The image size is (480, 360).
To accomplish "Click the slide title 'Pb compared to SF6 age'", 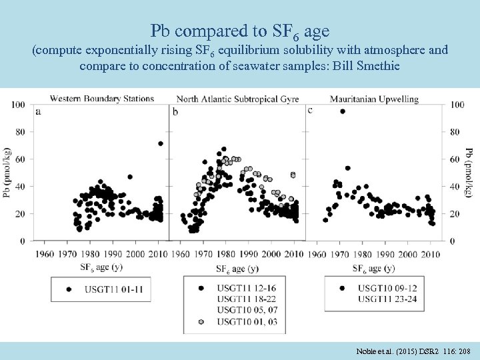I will (239, 31).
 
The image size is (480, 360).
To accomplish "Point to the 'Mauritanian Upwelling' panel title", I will (374, 99).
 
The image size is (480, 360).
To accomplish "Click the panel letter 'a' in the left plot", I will (38, 111).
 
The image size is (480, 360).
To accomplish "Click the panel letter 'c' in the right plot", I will (310, 110).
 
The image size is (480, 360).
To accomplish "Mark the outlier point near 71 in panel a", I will (161, 143).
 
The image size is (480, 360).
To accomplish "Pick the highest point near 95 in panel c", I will (343, 111).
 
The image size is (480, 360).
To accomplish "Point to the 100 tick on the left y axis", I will (19, 105).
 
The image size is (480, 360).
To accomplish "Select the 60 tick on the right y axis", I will (457, 159).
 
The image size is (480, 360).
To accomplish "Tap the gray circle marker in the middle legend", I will (200, 322).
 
